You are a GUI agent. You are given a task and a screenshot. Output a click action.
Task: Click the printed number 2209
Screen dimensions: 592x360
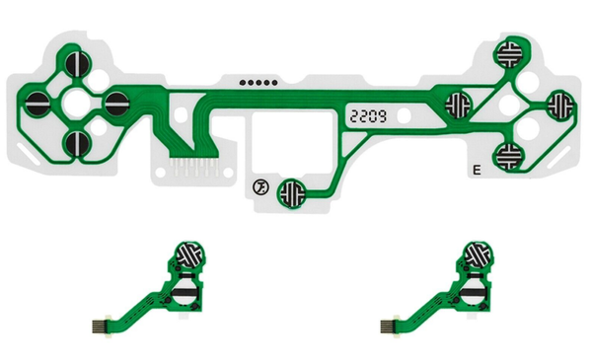(368, 116)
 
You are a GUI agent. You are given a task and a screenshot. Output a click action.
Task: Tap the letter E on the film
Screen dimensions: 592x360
(477, 171)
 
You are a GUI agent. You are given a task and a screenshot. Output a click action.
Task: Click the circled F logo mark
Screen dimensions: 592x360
(260, 187)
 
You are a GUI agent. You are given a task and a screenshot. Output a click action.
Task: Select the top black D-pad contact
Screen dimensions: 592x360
(78, 64)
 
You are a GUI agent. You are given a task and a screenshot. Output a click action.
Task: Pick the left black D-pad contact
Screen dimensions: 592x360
(37, 104)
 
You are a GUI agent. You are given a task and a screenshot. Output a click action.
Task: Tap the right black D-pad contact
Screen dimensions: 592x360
(117, 104)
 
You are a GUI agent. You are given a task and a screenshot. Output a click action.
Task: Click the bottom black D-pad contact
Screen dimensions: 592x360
(78, 143)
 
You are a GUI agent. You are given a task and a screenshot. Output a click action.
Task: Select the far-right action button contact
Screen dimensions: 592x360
(560, 106)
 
